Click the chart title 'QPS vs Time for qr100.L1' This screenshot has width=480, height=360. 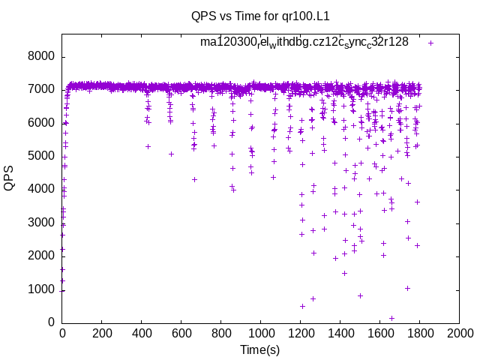click(260, 15)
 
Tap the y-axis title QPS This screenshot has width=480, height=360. click(10, 178)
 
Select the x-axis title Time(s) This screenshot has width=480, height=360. click(260, 350)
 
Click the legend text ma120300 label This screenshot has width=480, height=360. click(304, 42)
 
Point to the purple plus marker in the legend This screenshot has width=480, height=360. click(431, 43)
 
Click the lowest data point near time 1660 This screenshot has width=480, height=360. click(391, 318)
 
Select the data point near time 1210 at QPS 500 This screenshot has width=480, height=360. click(302, 306)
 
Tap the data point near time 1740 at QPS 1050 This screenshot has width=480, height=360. click(407, 288)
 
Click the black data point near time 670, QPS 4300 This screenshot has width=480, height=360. click(195, 179)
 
